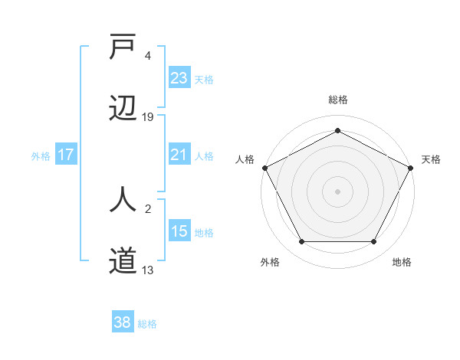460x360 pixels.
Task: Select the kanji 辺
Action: (123, 110)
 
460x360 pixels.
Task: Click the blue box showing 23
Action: (179, 78)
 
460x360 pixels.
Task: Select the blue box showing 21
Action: (179, 155)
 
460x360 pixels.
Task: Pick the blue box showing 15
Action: (179, 231)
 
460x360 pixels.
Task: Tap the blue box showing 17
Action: (66, 155)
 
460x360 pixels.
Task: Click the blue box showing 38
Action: (123, 323)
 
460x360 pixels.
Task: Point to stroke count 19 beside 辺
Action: (148, 117)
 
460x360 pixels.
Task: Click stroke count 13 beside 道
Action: (148, 270)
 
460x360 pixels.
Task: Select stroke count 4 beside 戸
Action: (148, 56)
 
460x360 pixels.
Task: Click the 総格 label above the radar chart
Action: (338, 100)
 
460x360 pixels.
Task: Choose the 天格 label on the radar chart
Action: (431, 159)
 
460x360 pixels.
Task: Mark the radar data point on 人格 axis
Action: (264, 167)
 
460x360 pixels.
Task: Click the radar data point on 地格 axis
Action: (374, 242)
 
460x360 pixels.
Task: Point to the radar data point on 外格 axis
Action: (301, 242)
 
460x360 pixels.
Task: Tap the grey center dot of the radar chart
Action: (338, 191)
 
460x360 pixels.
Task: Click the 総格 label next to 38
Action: (147, 324)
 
